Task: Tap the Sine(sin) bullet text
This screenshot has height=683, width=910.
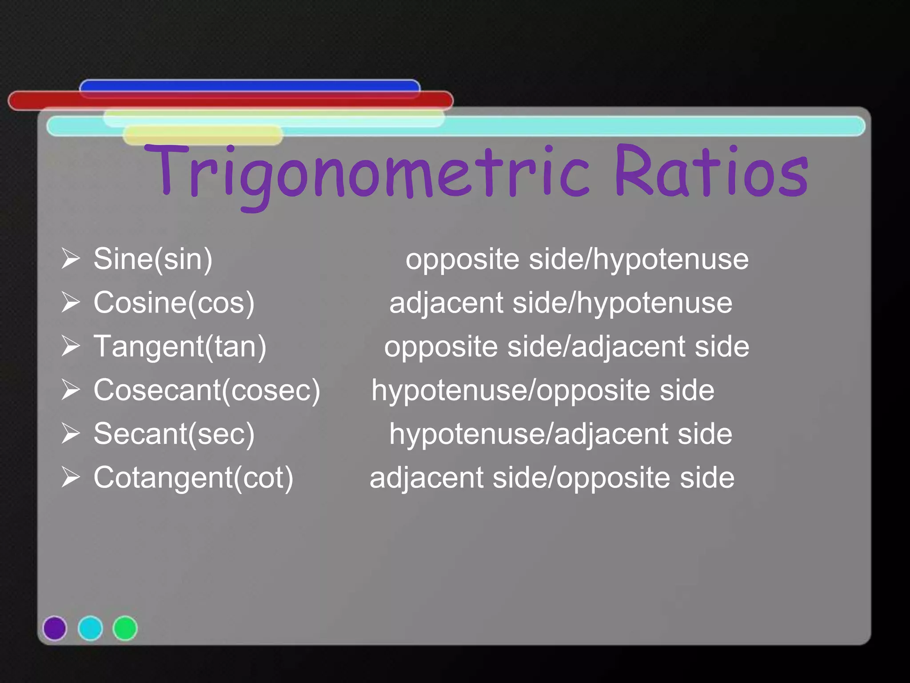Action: [153, 259]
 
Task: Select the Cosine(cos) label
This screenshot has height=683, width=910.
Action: [174, 303]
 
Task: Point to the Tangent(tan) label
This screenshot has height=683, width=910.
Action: [180, 346]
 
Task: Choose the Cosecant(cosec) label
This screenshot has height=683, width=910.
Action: [207, 390]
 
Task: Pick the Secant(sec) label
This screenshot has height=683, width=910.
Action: [174, 434]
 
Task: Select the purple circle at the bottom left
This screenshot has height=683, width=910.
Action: [55, 628]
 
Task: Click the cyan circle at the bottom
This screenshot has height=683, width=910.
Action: [90, 628]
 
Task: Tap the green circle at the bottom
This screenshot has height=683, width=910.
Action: [125, 628]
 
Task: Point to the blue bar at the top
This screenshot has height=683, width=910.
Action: [249, 85]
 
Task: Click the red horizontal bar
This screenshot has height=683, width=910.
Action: [230, 101]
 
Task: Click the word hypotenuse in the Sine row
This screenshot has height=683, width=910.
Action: [671, 259]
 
